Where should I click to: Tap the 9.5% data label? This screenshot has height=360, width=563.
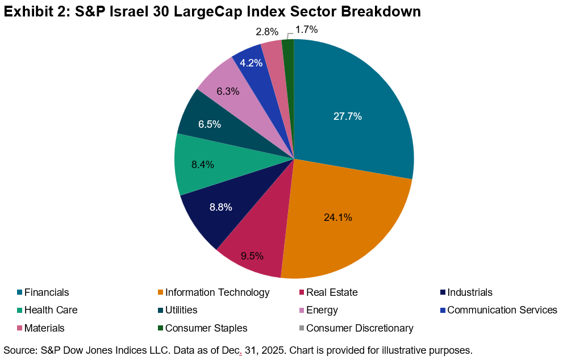252,256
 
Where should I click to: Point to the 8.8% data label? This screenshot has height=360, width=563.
220,207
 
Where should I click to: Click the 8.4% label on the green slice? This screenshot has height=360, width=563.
203,165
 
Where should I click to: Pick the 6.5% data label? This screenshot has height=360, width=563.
209,124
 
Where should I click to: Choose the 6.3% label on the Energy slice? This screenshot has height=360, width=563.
228,91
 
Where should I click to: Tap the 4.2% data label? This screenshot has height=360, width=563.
251,63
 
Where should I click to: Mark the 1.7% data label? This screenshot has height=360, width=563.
307,29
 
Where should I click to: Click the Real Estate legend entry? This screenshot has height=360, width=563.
332,293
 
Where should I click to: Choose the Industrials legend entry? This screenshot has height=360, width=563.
470,293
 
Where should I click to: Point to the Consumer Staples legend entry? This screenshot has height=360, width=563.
206,328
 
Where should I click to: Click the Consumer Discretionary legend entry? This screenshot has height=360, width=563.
360,328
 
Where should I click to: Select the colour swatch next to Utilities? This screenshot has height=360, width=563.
161,311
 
